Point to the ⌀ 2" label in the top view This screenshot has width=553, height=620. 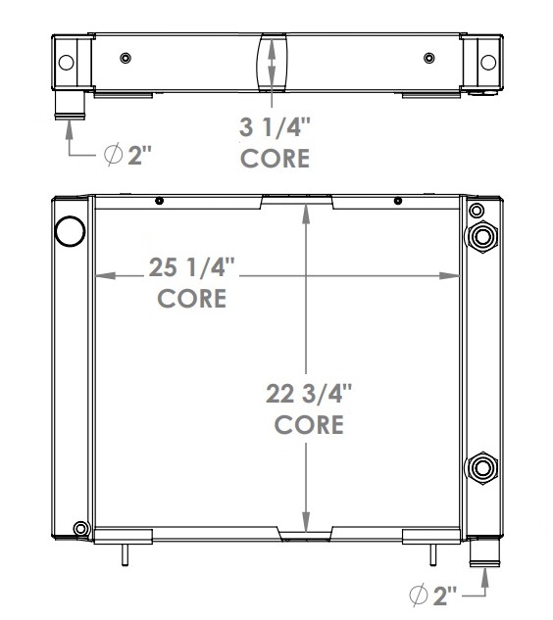pos(127,155)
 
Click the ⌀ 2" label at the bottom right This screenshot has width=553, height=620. pos(433,596)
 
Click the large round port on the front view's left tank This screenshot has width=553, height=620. pos(70,231)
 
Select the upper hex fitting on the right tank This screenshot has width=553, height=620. pos(482,236)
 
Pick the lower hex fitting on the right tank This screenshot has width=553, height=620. pos(482,468)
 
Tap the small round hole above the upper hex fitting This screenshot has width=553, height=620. pos(477,210)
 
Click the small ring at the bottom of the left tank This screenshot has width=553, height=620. pos(80,528)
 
